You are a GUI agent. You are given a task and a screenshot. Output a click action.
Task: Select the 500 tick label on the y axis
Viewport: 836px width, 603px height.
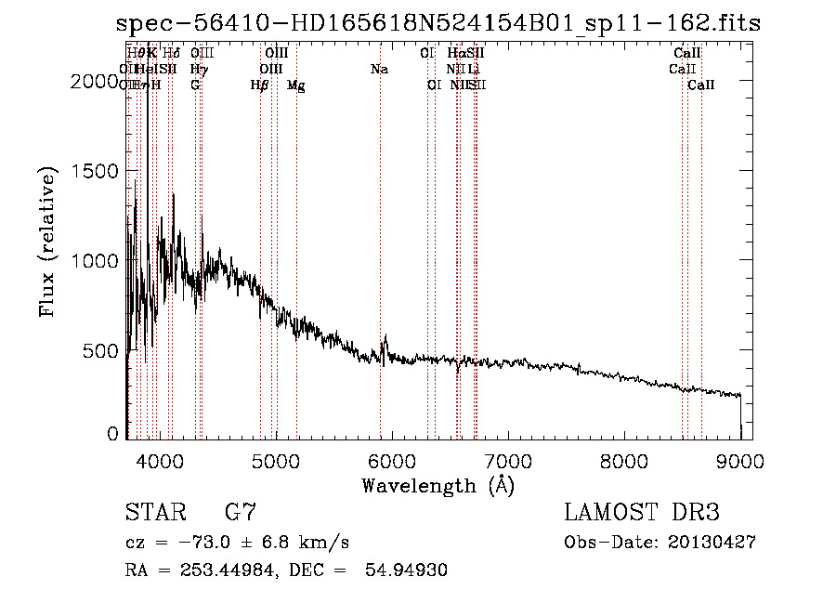click(x=99, y=351)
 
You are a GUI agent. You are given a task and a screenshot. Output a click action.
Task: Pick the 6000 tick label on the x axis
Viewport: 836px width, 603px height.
click(x=391, y=459)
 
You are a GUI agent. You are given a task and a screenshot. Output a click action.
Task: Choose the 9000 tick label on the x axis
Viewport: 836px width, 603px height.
click(x=740, y=459)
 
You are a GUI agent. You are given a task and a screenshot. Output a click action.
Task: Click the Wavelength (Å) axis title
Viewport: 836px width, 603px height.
click(x=438, y=485)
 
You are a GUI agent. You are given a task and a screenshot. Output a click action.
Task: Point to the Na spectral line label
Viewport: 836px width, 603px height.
click(x=379, y=70)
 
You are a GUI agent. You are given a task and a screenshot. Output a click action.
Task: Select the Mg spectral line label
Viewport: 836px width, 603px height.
click(x=296, y=85)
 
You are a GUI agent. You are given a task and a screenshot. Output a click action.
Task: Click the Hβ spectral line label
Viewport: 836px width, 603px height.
click(x=260, y=85)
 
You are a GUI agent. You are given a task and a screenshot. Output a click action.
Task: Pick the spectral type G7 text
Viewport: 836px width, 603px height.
click(x=241, y=513)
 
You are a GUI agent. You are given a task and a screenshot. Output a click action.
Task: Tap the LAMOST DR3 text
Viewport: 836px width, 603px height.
click(x=642, y=513)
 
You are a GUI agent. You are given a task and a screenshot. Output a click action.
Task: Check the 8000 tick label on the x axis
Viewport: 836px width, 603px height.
click(x=624, y=459)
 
